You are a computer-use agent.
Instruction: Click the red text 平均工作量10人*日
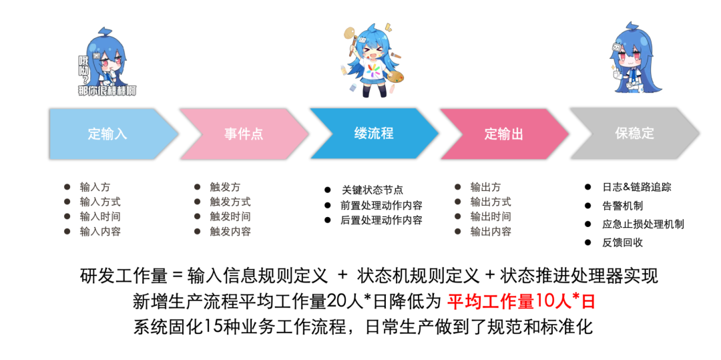click(521, 301)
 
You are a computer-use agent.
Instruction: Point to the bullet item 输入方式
click(99, 202)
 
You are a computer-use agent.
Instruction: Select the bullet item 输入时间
click(99, 216)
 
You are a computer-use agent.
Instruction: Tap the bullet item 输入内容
click(99, 231)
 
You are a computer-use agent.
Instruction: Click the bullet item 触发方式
click(230, 202)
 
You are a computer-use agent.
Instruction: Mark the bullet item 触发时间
click(230, 216)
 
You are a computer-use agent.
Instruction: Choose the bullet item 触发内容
click(230, 231)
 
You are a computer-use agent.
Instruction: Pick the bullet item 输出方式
click(490, 202)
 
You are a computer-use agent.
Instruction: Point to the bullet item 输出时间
click(490, 216)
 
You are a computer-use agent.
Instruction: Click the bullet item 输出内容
click(490, 231)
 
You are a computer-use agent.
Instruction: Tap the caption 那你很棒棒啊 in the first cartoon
click(107, 90)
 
